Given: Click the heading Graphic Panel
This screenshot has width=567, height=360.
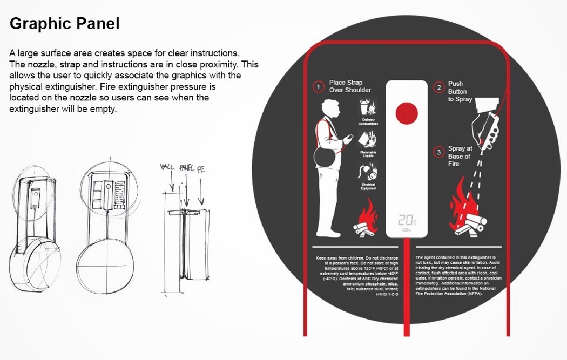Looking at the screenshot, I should [65, 24].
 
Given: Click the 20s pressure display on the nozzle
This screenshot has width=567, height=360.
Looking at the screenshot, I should [407, 221].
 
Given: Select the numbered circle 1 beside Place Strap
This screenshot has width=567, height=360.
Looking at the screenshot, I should [319, 86].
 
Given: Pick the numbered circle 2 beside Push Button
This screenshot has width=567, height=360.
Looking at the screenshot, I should [438, 87].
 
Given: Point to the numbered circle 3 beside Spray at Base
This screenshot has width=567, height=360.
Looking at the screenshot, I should [438, 152].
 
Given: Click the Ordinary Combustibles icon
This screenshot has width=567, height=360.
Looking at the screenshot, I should [368, 109].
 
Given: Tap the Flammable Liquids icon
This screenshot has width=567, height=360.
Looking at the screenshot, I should [368, 141].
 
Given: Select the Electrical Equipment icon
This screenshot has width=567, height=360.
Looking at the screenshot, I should [368, 174].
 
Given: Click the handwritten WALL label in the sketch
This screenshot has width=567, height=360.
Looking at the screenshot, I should [168, 169].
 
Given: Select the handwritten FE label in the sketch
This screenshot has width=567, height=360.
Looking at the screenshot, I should [201, 169].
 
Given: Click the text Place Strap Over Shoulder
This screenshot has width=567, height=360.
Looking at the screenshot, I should [350, 86].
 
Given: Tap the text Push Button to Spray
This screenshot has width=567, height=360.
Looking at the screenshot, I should [460, 92].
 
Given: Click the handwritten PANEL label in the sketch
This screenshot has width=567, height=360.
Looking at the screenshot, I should [185, 169].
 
